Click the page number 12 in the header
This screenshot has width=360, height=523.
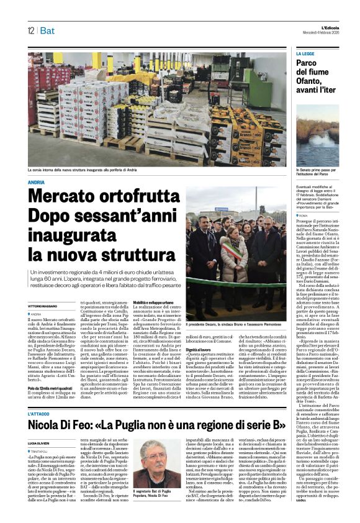click(x=30, y=30)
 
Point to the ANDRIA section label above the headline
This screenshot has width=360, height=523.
click(x=37, y=182)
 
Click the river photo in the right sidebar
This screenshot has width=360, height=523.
click(x=317, y=136)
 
